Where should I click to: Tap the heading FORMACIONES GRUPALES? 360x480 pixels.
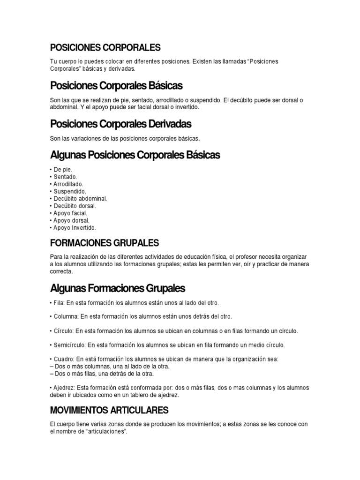coord(104,243)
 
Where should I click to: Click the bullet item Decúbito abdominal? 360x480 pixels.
coord(80,198)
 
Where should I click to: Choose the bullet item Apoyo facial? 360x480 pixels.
coord(69,213)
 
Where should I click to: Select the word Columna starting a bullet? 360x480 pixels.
coord(65,316)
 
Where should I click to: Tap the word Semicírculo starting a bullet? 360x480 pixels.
coord(69,345)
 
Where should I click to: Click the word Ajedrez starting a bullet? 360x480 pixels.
coord(63,388)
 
